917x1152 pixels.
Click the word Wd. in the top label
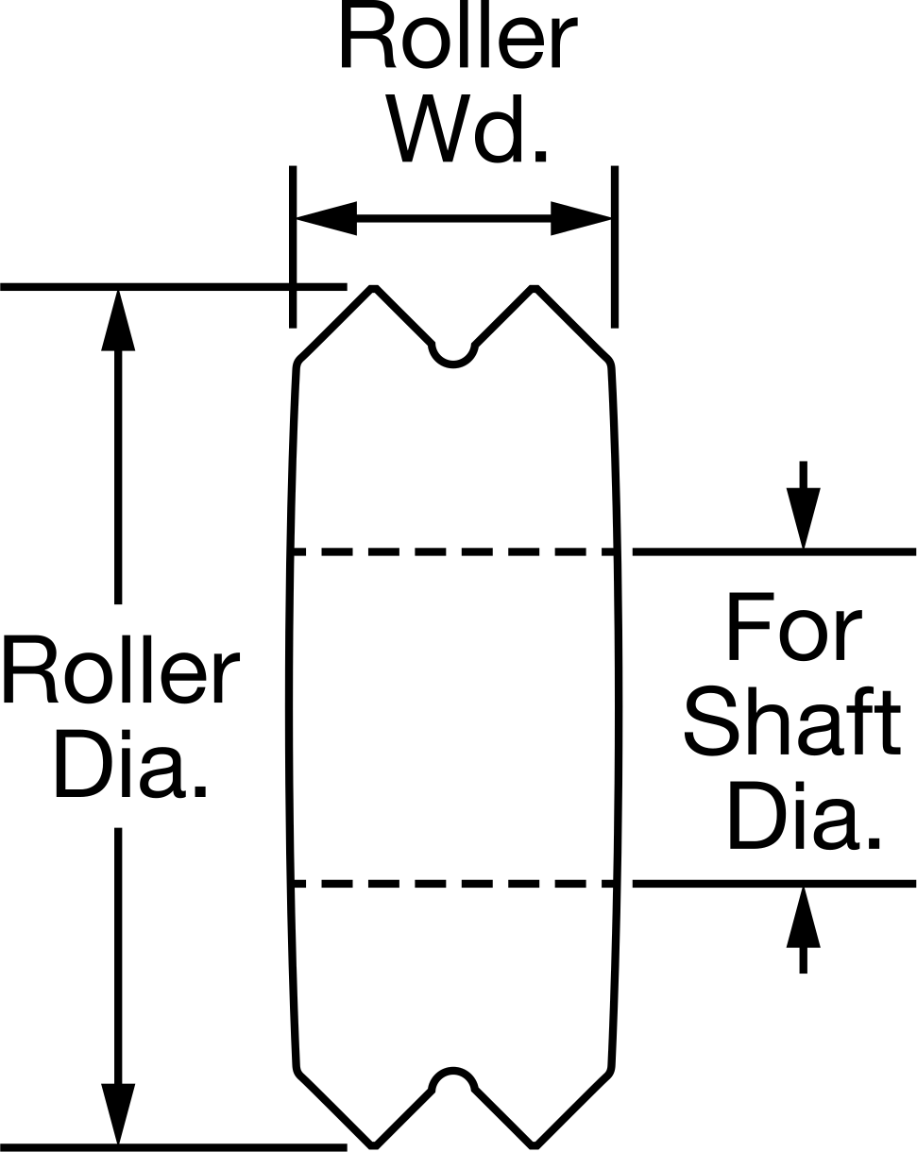click(x=468, y=129)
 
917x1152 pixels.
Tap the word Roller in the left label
click(x=121, y=669)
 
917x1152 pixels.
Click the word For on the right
click(x=794, y=626)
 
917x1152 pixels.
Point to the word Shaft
click(x=792, y=721)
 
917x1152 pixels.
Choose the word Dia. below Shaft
click(x=804, y=815)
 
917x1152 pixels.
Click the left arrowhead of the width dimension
click(x=326, y=218)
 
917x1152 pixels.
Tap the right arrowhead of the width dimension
click(x=582, y=218)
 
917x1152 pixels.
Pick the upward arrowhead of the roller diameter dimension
click(x=118, y=321)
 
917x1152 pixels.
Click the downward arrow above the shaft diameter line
click(x=803, y=505)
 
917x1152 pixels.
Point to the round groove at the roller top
click(x=453, y=364)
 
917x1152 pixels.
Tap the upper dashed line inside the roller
click(x=453, y=551)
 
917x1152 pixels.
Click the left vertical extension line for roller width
click(x=292, y=246)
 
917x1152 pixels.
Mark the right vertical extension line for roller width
click(x=615, y=246)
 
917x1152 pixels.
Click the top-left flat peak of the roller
click(x=374, y=289)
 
